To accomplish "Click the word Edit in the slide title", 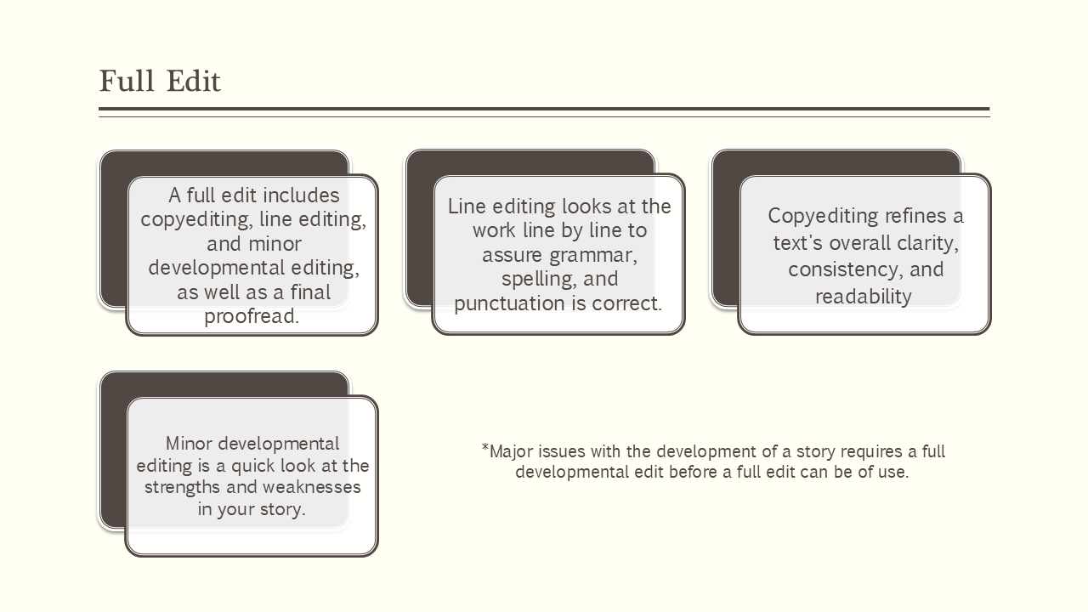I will pos(193,82).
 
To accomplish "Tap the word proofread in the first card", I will pos(251,317).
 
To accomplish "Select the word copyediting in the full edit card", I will pos(194,219).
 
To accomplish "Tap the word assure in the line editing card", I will pos(513,255).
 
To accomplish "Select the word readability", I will pos(863,297).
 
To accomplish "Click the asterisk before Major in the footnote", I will pos(485,447).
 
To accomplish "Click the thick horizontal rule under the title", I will pos(544,109).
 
